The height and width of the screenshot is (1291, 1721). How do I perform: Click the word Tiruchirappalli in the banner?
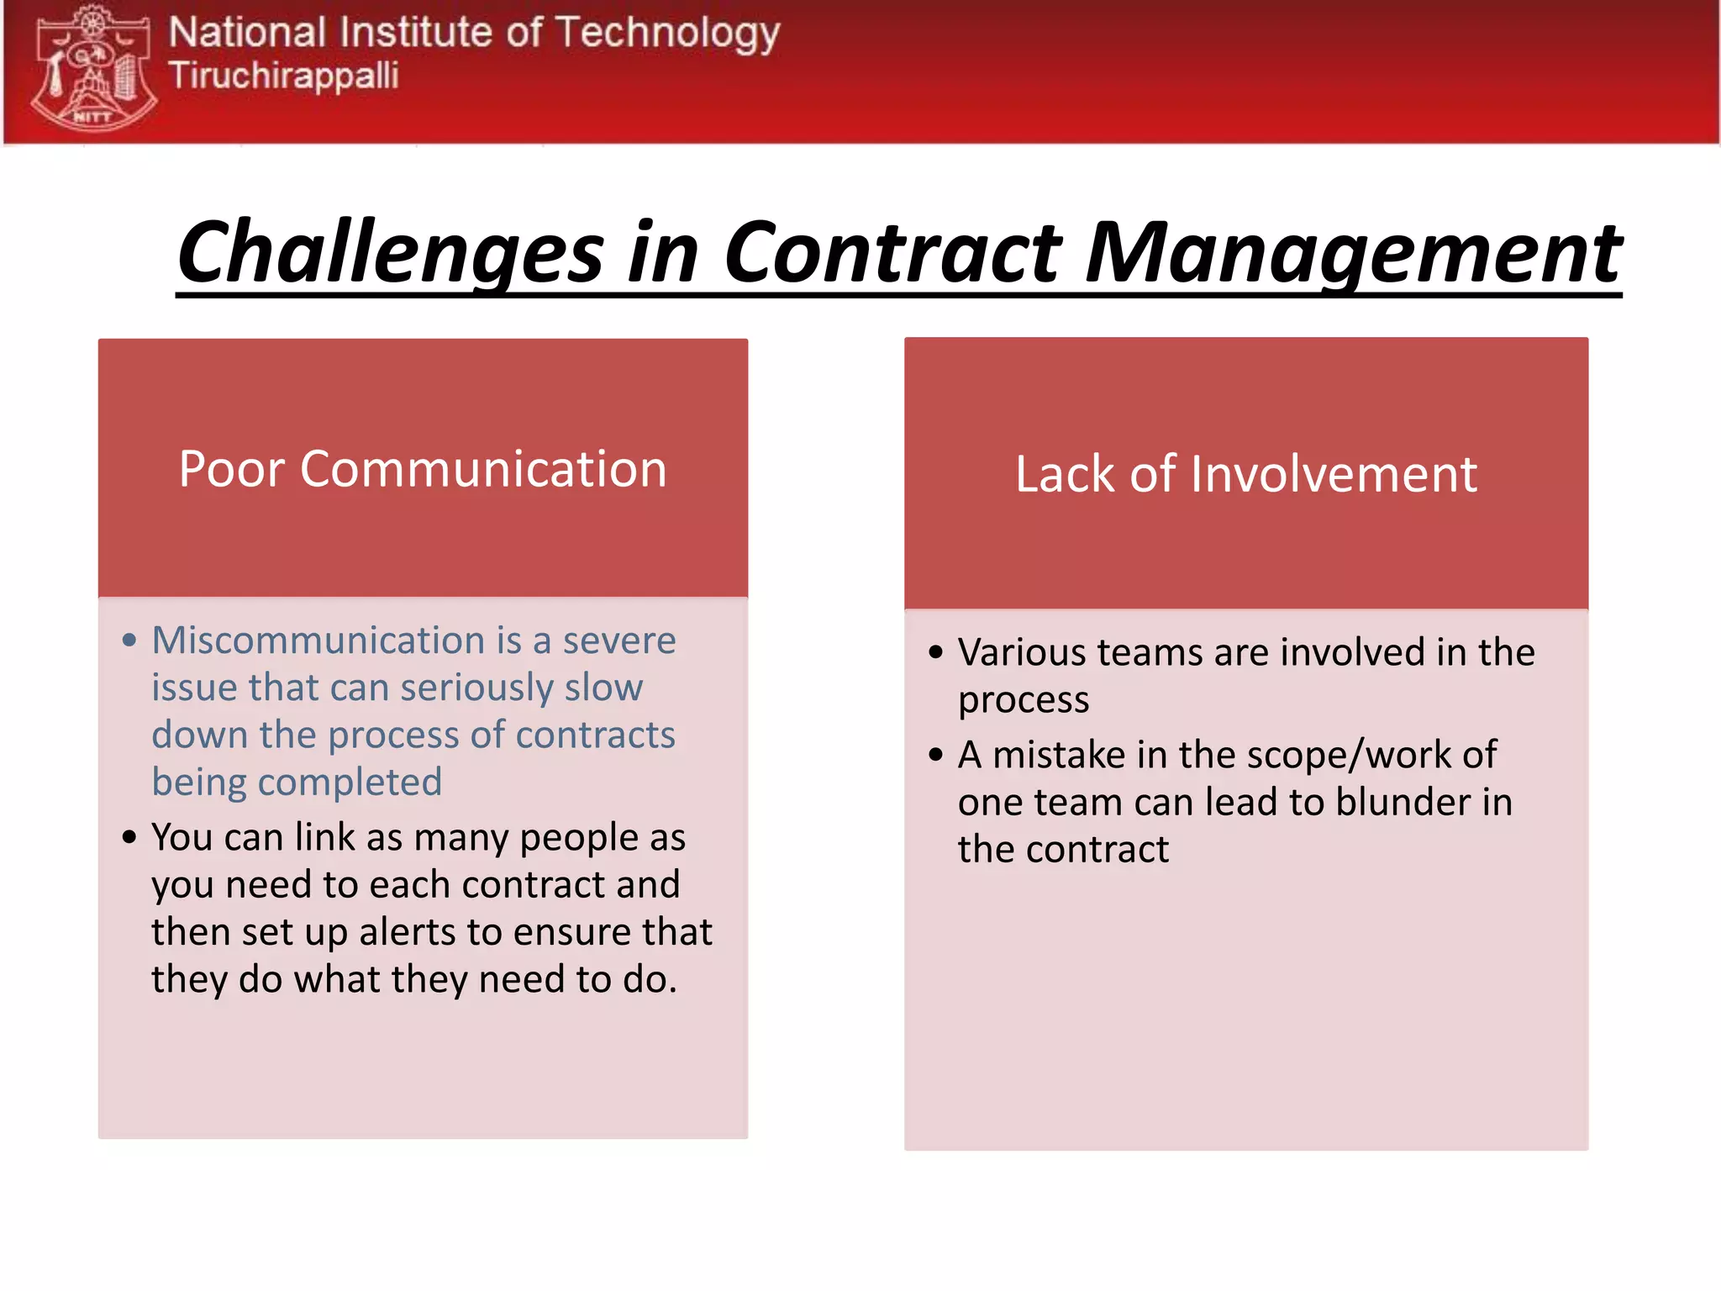283,76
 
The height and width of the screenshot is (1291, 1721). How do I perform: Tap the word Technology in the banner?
667,34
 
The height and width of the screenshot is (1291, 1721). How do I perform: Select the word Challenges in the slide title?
390,252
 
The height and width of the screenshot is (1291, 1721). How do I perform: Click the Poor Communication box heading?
423,469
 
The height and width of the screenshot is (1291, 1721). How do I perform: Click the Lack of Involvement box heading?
1245,474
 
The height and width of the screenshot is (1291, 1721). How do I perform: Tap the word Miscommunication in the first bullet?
318,640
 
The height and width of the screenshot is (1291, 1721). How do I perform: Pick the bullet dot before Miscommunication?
129,640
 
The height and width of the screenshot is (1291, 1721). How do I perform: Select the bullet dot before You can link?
129,837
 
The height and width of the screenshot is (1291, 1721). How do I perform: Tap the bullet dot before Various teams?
936,652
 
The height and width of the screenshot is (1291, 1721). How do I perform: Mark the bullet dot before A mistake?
936,755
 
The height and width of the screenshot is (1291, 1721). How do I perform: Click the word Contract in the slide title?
892,252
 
